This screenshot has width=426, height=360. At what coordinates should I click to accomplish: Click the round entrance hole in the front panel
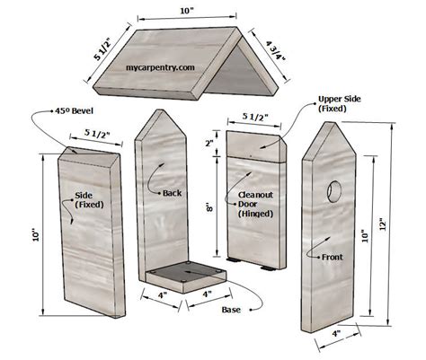[334, 191]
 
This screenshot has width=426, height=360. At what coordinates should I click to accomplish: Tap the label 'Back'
[173, 192]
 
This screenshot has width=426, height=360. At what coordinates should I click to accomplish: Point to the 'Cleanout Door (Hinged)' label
[255, 204]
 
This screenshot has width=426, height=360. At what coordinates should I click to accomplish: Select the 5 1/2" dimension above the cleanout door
[256, 116]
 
